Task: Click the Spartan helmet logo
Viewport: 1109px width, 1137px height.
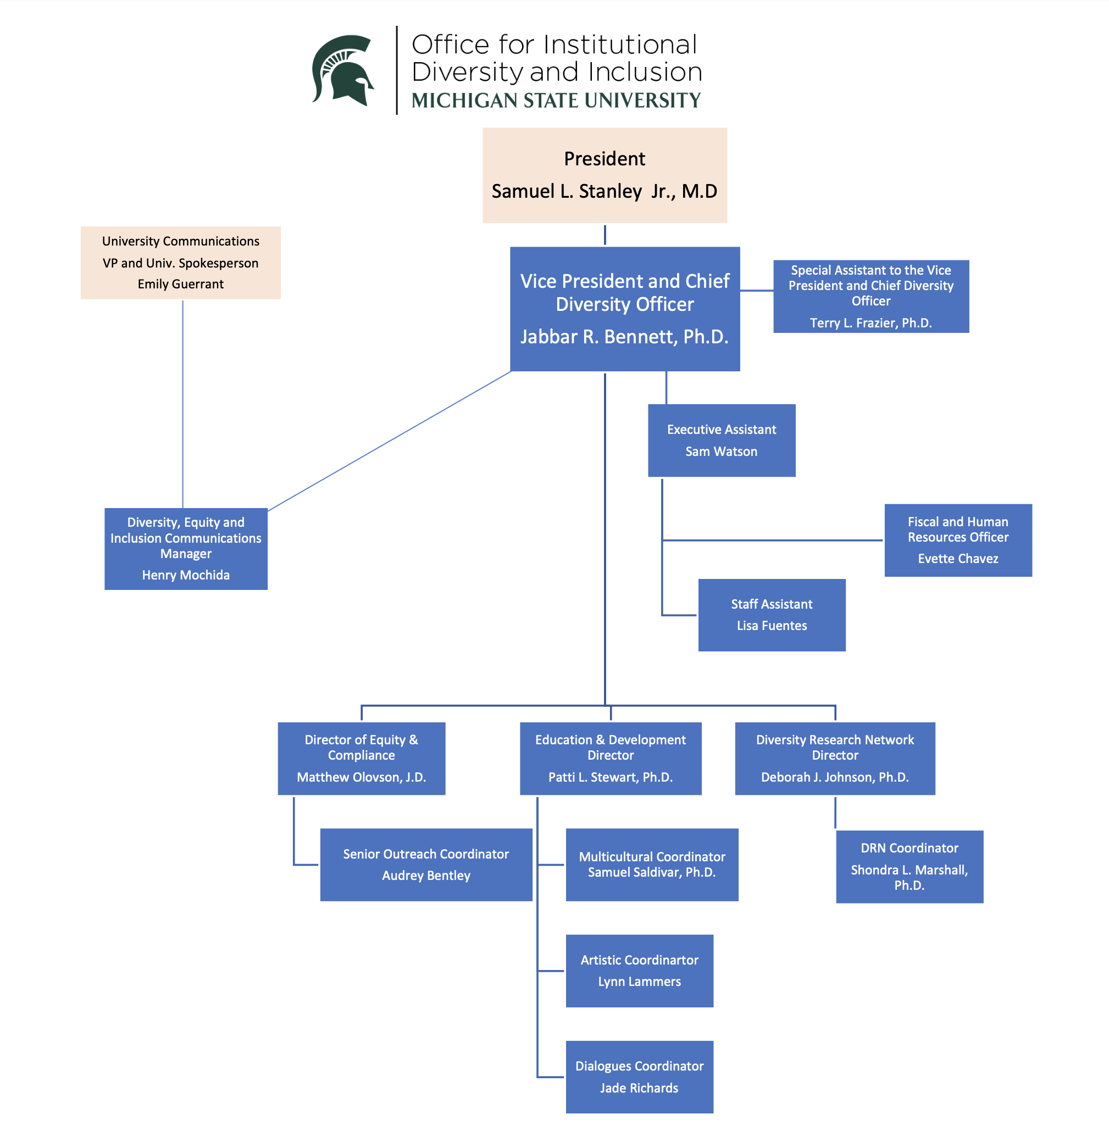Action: pos(342,70)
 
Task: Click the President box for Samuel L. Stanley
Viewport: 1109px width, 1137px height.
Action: pos(604,175)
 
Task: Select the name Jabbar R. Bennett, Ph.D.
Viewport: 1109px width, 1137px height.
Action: pos(624,337)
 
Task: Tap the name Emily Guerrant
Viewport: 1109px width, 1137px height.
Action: pos(181,284)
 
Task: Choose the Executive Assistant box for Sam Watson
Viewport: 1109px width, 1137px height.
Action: pos(721,440)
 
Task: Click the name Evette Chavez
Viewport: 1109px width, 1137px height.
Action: pos(957,559)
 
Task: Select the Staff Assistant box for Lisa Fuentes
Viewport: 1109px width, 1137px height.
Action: pos(771,615)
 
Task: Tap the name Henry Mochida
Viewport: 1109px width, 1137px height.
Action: pos(186,575)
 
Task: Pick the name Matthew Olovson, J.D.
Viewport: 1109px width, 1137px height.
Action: pos(361,777)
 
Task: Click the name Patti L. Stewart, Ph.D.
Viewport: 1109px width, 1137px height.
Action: pos(611,777)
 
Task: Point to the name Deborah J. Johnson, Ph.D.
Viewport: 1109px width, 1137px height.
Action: pos(835,777)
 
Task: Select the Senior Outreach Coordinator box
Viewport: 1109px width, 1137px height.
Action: pos(426,865)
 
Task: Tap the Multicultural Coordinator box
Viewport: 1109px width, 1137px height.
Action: pos(652,865)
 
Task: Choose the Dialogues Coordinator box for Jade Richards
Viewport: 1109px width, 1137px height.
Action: pos(639,1077)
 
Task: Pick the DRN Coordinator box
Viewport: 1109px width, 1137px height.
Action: pos(909,866)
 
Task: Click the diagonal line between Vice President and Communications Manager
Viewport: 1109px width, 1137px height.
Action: pos(389,441)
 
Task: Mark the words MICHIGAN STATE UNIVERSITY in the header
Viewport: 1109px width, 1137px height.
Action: pos(556,101)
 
